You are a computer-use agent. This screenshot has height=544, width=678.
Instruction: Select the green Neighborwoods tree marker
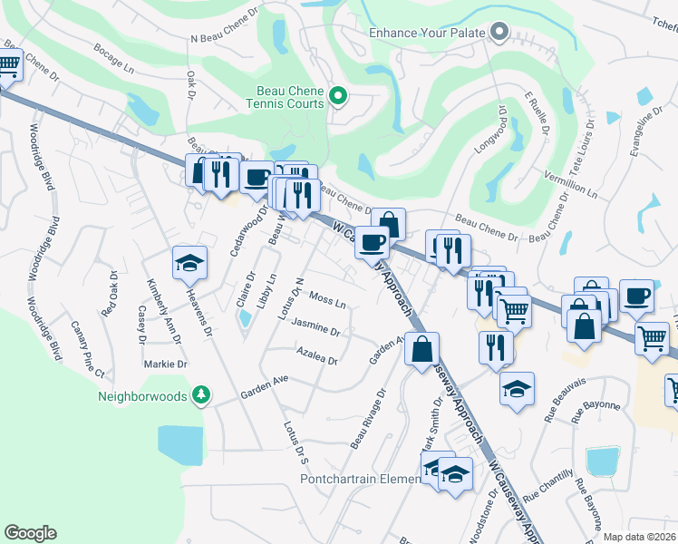pyautogui.click(x=201, y=395)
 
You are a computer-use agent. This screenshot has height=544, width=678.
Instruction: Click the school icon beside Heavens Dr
pyautogui.click(x=190, y=263)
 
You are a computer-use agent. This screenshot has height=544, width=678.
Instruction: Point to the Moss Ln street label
pyautogui.click(x=327, y=298)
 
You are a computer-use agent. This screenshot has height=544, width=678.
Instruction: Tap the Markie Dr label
pyautogui.click(x=165, y=364)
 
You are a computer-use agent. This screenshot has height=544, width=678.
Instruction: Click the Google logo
pyautogui.click(x=31, y=532)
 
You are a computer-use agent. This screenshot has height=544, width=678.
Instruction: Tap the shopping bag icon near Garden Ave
pyautogui.click(x=422, y=349)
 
